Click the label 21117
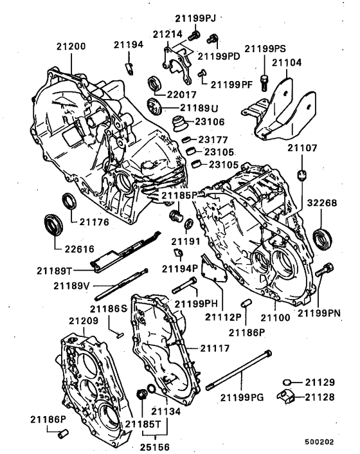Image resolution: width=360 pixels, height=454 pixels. click(213, 348)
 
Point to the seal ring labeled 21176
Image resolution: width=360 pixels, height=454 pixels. click(68, 201)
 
